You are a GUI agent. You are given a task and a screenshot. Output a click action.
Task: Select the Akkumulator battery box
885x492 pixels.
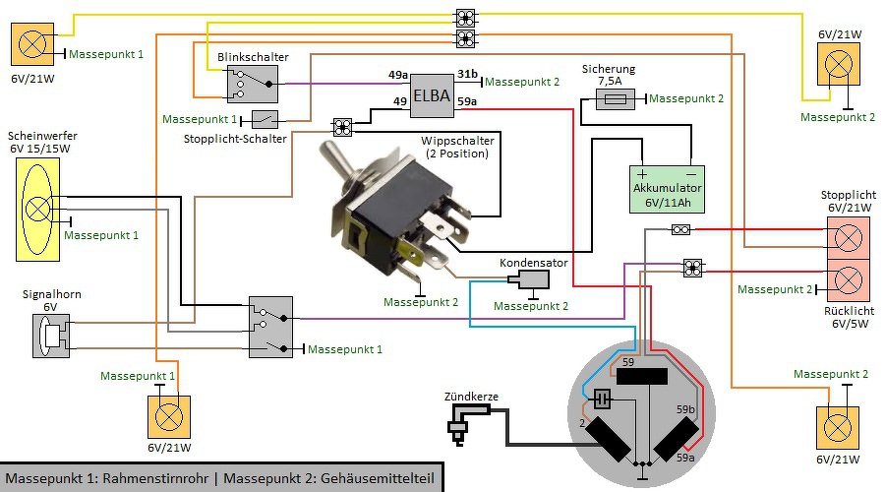point(668,188)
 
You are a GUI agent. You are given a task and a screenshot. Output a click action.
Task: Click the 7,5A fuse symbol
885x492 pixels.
point(616,99)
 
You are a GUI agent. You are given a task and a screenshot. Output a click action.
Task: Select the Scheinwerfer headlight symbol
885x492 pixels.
point(38,209)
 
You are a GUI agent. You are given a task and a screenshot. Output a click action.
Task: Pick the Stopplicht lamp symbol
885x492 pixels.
point(848,237)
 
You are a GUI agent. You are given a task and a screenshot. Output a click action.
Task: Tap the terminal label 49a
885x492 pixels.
point(397,75)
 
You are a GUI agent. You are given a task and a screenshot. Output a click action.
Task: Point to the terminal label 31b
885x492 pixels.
point(467,75)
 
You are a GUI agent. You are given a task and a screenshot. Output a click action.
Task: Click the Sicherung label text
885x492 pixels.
point(609,70)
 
